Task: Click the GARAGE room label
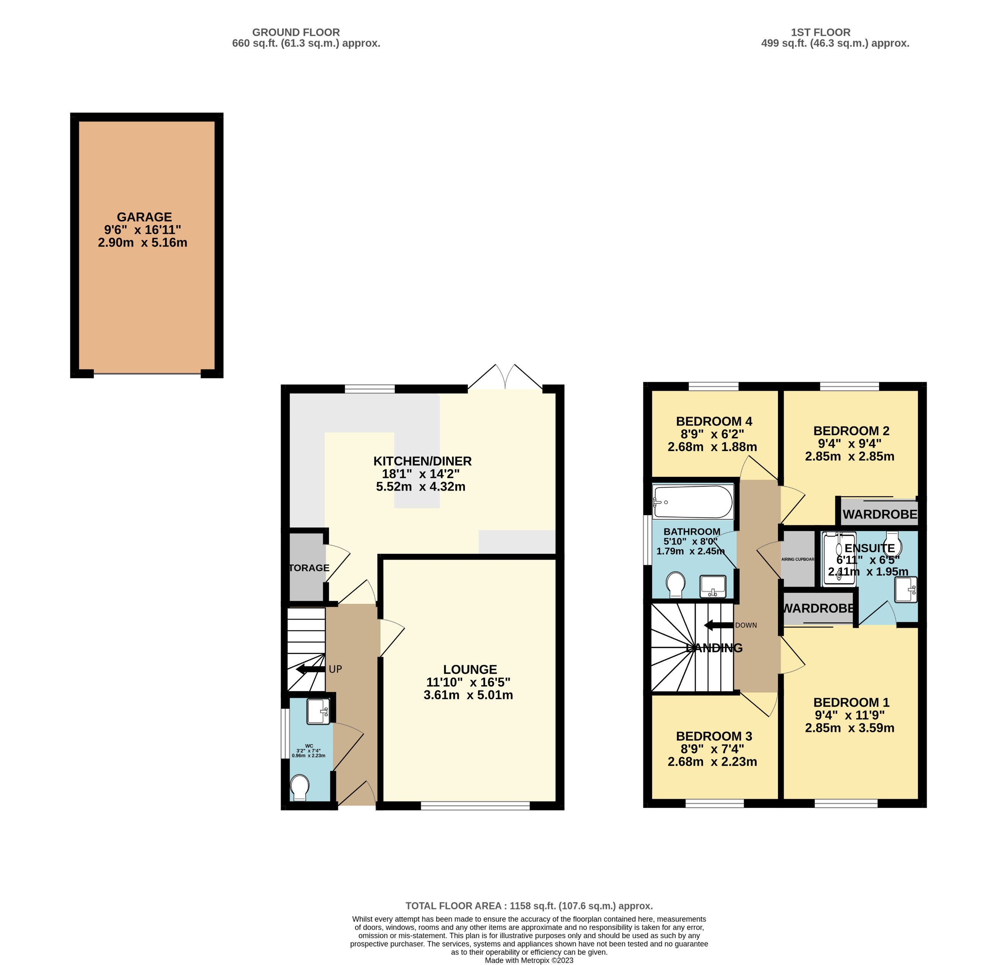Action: click(x=144, y=217)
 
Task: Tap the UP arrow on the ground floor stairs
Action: click(x=310, y=669)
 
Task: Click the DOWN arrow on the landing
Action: click(x=718, y=625)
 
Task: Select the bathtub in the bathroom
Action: click(x=693, y=502)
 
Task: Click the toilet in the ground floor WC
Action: click(x=300, y=787)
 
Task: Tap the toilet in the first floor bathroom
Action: click(x=676, y=585)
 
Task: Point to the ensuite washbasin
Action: click(x=906, y=590)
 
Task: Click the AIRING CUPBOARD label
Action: click(x=798, y=559)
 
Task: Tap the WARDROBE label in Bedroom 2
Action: click(x=879, y=514)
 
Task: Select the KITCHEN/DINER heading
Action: click(x=422, y=461)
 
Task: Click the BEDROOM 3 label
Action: click(x=714, y=736)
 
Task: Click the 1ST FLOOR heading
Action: click(x=820, y=33)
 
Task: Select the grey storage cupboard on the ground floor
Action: click(x=306, y=567)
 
